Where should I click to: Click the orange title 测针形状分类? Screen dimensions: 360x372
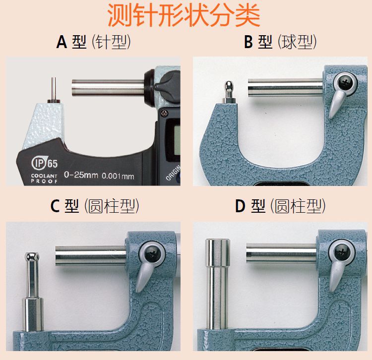pyautogui.click(x=184, y=16)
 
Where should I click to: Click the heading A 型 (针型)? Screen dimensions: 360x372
pyautogui.click(x=94, y=42)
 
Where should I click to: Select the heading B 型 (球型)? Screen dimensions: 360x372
pyautogui.click(x=280, y=42)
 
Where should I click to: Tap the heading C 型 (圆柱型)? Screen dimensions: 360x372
pyautogui.click(x=94, y=206)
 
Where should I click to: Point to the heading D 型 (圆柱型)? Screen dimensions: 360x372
pyautogui.click(x=280, y=206)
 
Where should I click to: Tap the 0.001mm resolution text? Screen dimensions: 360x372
pyautogui.click(x=118, y=176)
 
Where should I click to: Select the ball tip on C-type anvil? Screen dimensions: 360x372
pyautogui.click(x=31, y=257)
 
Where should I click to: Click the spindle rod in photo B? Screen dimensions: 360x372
pyautogui.click(x=285, y=89)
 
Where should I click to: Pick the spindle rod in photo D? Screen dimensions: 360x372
pyautogui.click(x=281, y=254)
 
